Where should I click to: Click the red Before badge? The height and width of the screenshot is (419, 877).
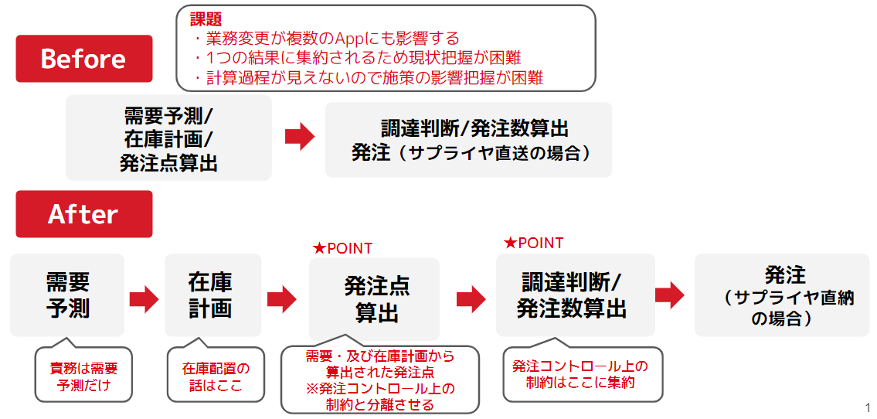click(x=84, y=59)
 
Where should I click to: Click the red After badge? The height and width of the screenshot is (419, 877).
click(x=84, y=214)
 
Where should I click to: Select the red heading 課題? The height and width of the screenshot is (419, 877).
click(x=206, y=19)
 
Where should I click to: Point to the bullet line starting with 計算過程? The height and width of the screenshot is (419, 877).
click(x=369, y=78)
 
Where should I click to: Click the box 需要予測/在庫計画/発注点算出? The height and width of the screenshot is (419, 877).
click(x=168, y=138)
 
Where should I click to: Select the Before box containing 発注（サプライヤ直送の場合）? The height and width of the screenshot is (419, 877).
click(x=469, y=140)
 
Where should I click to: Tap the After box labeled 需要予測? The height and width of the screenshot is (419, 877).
click(x=67, y=295)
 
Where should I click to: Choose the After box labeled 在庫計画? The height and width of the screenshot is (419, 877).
click(x=212, y=295)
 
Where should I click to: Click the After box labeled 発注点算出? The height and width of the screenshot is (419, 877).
click(x=374, y=298)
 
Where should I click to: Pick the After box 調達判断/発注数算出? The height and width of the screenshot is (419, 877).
click(x=576, y=295)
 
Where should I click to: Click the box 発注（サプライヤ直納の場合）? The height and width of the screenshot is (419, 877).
click(x=782, y=295)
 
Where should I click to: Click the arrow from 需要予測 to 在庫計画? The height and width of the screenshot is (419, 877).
click(x=144, y=299)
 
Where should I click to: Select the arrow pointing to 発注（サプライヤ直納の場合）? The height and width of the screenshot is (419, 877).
click(x=670, y=295)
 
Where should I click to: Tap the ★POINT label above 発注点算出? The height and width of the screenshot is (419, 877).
click(x=343, y=248)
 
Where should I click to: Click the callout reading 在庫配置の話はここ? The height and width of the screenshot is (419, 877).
click(x=216, y=376)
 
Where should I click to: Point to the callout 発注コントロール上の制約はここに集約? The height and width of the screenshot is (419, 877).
click(x=583, y=373)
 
